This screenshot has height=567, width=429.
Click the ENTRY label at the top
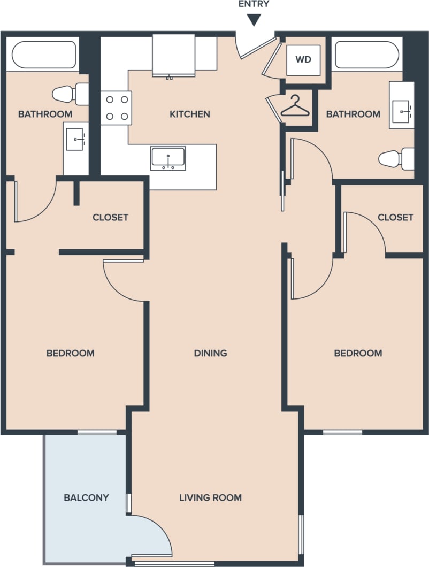(x=254, y=4)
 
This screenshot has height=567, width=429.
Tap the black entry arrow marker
(x=254, y=20)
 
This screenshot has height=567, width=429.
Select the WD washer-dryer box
(x=303, y=59)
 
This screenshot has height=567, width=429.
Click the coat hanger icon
(x=295, y=107)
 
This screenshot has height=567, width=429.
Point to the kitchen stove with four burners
(x=116, y=108)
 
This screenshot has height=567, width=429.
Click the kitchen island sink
(x=168, y=158)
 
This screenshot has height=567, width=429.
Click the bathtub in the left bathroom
(x=44, y=55)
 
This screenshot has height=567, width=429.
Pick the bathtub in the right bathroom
(x=366, y=55)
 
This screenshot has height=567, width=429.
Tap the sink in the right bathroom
(x=401, y=111)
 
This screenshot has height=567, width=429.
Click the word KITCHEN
(x=189, y=114)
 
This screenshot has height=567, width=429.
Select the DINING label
(x=210, y=353)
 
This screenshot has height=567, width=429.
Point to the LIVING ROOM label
(x=210, y=497)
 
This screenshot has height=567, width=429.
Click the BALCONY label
(x=86, y=497)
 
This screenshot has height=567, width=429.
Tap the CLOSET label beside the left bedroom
(x=110, y=217)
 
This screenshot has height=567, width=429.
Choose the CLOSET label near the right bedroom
(x=395, y=217)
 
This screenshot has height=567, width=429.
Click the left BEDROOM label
(x=70, y=353)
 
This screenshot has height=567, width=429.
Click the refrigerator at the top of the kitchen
(x=173, y=56)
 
